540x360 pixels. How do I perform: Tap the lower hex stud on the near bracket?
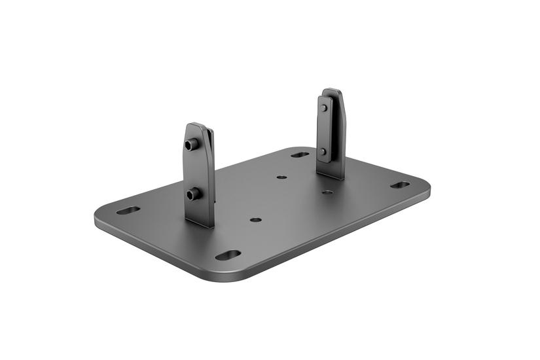pos(192,193)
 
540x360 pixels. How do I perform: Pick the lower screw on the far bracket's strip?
pos(323,151)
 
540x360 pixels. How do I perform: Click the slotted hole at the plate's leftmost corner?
pos(128,211)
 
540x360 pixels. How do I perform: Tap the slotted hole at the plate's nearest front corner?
pos(228,255)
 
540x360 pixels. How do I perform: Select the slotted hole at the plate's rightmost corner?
pos(400,185)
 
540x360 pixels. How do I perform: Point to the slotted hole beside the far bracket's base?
pos(300,155)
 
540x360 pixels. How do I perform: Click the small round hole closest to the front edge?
pos(256,220)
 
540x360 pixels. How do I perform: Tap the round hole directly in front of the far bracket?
pos(327,192)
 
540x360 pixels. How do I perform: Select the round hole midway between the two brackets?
pos(281,177)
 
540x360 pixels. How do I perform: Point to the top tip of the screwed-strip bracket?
pos(332,90)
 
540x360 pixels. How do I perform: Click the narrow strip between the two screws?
pos(323,130)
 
